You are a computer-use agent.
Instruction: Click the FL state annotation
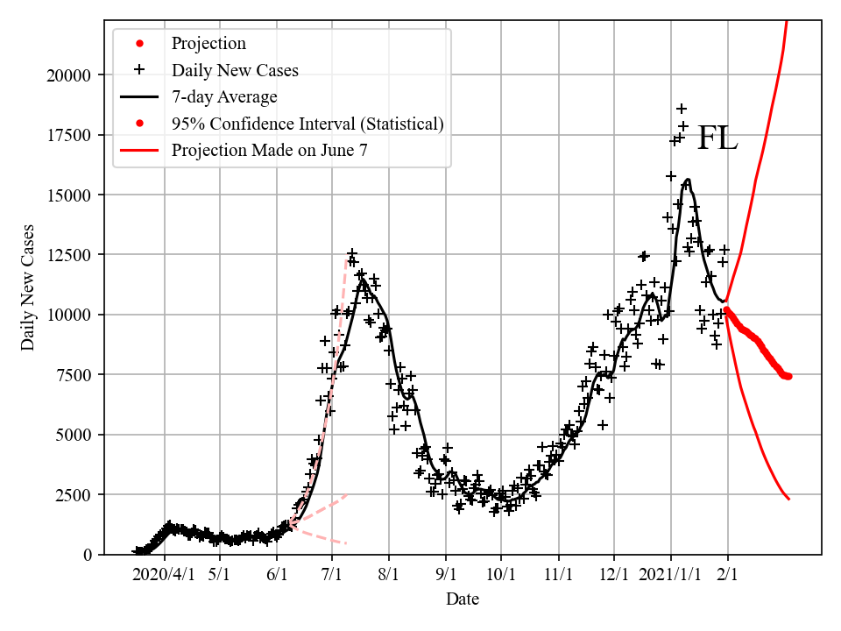(x=717, y=138)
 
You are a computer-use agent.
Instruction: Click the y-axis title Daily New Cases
(x=29, y=287)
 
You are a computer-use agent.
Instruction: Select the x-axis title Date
(x=462, y=599)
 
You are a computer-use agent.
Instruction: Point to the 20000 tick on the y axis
(x=68, y=74)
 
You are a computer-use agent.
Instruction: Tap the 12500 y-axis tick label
(x=68, y=255)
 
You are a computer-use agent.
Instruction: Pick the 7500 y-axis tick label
(x=72, y=375)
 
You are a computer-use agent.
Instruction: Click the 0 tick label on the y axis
(x=86, y=555)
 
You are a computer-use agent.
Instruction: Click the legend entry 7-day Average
(x=224, y=96)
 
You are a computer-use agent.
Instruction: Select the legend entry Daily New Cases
(x=235, y=70)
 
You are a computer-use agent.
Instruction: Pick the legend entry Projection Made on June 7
(x=269, y=149)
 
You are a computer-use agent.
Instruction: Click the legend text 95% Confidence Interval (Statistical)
(x=307, y=123)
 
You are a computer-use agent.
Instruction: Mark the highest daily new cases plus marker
(x=681, y=109)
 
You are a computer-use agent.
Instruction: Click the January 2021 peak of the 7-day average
(x=688, y=180)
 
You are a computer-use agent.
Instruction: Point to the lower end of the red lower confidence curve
(x=789, y=499)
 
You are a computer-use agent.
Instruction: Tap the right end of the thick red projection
(x=788, y=376)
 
